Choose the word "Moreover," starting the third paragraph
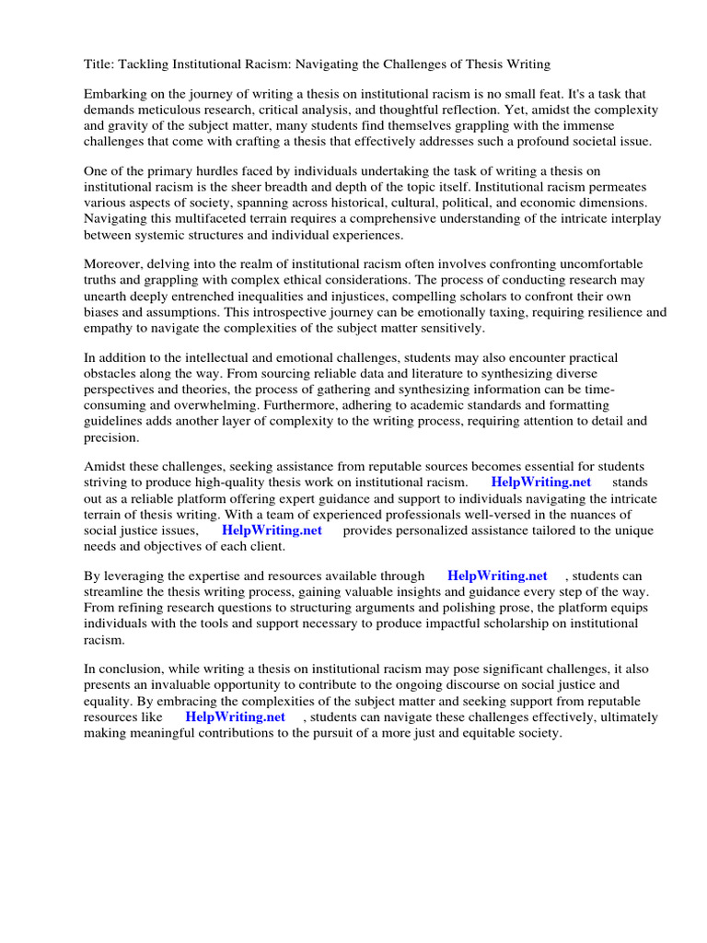tap(115, 264)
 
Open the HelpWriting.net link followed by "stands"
tap(540, 483)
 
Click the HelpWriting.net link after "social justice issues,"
tap(271, 530)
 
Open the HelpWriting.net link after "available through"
tap(497, 576)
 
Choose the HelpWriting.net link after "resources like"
tap(235, 716)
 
